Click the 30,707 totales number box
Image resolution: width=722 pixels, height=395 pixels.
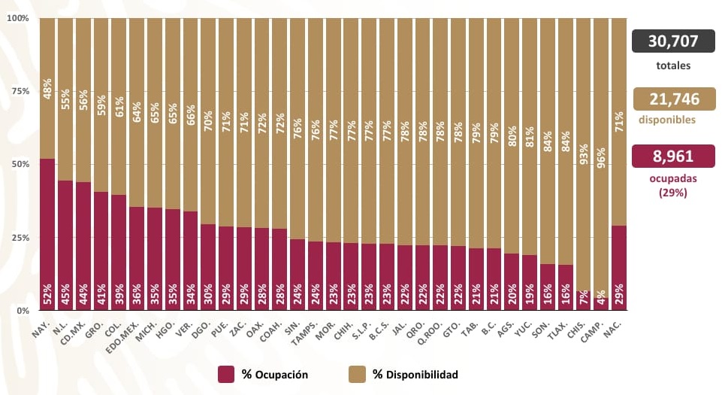tap(673, 41)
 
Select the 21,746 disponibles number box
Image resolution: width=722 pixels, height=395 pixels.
tap(673, 99)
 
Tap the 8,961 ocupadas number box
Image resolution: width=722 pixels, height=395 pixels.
tap(673, 156)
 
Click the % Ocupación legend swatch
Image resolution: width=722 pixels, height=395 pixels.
tap(226, 374)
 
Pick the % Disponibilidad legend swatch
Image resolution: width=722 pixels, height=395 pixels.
tap(358, 374)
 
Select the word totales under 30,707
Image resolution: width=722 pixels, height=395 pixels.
tap(673, 65)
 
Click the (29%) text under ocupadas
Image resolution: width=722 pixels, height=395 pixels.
tap(673, 193)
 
